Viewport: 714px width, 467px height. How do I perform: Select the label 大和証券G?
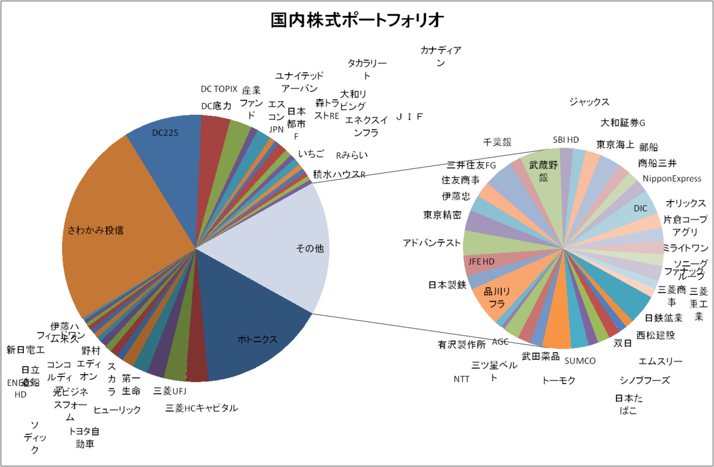(622, 123)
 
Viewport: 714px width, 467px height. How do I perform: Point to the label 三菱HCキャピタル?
(202, 408)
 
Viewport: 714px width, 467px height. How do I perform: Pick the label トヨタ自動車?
(84, 437)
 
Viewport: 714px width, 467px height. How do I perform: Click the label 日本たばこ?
(628, 405)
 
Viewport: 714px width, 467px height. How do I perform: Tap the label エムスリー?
(660, 361)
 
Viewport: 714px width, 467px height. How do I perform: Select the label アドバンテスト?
(432, 243)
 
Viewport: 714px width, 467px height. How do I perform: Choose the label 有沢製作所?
(461, 344)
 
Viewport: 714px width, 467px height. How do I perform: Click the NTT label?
(461, 379)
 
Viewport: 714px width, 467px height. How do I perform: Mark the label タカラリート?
(367, 69)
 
